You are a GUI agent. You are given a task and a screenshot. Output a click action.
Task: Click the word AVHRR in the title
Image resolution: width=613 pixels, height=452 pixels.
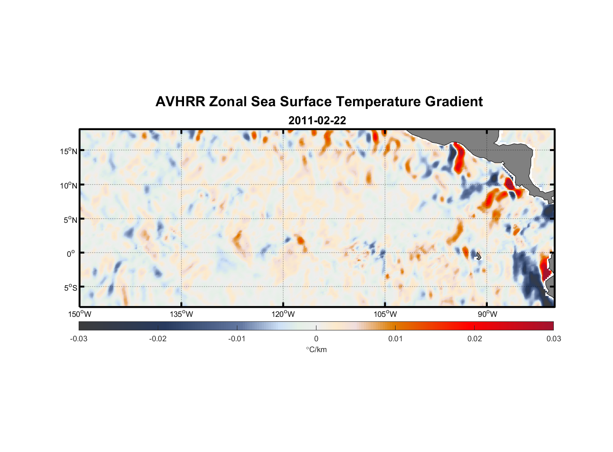point(180,102)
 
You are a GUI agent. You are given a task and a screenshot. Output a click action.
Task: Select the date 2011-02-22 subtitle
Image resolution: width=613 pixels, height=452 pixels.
point(317,121)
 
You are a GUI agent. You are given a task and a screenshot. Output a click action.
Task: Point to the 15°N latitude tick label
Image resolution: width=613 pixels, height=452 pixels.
point(69,151)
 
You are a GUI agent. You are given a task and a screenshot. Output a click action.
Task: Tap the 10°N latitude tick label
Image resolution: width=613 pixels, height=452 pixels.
point(69,185)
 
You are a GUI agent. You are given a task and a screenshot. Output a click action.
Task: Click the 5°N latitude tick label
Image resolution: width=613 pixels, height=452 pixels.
point(70,220)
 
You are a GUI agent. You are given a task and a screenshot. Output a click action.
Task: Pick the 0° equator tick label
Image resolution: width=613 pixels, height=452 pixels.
point(71,254)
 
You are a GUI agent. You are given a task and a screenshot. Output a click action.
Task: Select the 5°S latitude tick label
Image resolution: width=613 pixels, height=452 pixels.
point(70,288)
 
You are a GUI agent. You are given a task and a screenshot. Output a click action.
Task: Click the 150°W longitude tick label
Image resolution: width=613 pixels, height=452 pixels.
point(80,314)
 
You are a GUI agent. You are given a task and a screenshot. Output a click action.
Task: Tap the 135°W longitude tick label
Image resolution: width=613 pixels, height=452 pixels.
point(181,314)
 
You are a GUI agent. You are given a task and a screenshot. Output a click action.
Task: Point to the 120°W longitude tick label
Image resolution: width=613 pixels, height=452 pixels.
point(283,314)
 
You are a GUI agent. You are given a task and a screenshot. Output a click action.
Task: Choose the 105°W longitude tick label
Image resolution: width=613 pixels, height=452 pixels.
point(385,314)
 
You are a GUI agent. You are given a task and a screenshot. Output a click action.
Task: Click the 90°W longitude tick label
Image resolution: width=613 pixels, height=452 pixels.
point(487,314)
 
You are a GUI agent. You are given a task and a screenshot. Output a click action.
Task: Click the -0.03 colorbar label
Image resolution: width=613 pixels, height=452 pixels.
point(79,339)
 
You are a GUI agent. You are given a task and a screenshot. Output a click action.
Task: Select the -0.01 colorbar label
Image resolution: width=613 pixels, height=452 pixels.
point(237,339)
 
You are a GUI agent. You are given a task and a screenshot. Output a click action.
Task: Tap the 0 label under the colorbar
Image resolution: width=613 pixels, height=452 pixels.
point(316,339)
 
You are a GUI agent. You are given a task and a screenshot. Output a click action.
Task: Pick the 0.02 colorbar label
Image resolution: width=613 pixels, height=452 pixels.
point(475,339)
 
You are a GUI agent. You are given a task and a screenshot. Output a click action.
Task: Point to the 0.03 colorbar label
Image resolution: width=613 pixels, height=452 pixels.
point(553,339)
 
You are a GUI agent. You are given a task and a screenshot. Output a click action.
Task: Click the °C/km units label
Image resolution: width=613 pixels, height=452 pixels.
point(316,349)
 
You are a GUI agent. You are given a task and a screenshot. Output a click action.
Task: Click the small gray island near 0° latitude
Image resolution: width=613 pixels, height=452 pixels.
point(479,255)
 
